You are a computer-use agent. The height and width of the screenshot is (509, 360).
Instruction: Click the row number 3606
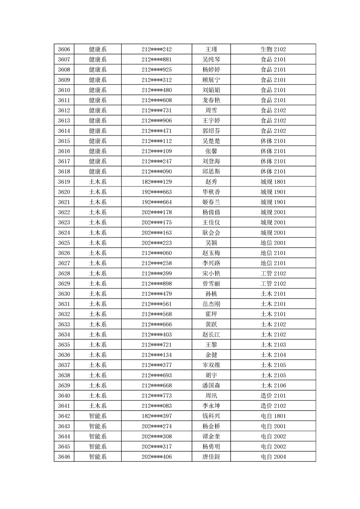[64, 49]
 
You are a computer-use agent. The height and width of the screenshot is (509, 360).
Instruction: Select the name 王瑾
[211, 49]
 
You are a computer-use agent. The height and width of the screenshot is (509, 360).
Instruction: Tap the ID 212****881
[157, 59]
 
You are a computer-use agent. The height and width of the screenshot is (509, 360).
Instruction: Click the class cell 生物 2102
[273, 49]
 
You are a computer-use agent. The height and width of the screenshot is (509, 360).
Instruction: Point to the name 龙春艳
[211, 100]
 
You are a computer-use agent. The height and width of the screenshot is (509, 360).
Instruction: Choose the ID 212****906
[157, 121]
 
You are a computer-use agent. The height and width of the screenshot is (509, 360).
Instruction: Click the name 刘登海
[211, 161]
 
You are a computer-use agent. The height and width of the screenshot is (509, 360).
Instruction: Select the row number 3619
[64, 181]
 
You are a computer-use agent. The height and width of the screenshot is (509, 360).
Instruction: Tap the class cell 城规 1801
[273, 181]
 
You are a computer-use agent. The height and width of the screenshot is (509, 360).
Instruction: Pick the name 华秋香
[211, 192]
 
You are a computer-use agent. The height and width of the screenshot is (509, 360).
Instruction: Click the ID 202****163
[157, 233]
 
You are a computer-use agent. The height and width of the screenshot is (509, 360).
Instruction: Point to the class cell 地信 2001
[273, 243]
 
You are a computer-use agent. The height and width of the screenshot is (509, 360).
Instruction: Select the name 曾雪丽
[211, 284]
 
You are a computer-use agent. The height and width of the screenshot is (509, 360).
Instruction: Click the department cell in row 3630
[98, 294]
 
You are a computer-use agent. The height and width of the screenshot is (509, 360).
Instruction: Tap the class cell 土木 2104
[273, 355]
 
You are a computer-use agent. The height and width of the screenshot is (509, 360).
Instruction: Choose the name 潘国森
[211, 386]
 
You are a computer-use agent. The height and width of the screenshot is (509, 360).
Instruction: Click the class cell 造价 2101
[273, 396]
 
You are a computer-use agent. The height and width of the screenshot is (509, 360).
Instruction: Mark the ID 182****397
[157, 416]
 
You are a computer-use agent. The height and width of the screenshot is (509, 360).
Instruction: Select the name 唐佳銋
[211, 457]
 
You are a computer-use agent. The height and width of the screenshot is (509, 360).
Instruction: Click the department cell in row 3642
[98, 416]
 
